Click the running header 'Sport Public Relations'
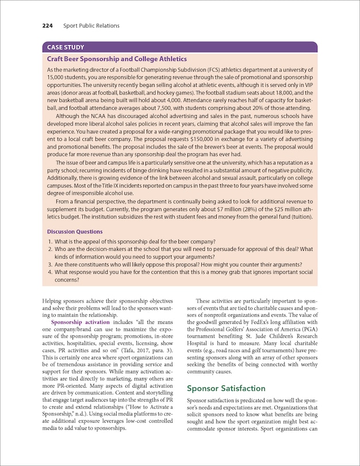click(91, 26)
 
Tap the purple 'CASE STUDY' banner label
click(66, 48)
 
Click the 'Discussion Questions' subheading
click(75, 232)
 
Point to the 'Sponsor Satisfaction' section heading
click(227, 388)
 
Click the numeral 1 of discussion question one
click(50, 240)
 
